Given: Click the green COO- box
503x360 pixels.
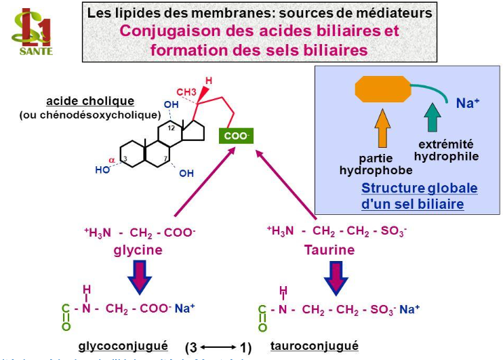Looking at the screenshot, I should [237, 136].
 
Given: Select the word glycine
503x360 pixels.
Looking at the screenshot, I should [138, 249].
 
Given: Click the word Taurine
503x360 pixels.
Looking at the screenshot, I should [329, 249].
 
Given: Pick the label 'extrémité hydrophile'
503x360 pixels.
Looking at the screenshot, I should [445, 151].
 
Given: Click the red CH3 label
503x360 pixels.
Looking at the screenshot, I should [186, 92].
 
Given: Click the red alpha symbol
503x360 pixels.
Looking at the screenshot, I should [113, 160].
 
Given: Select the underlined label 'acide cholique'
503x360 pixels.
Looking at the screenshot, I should [90, 102].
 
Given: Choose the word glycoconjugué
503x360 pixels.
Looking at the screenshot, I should [123, 345].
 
